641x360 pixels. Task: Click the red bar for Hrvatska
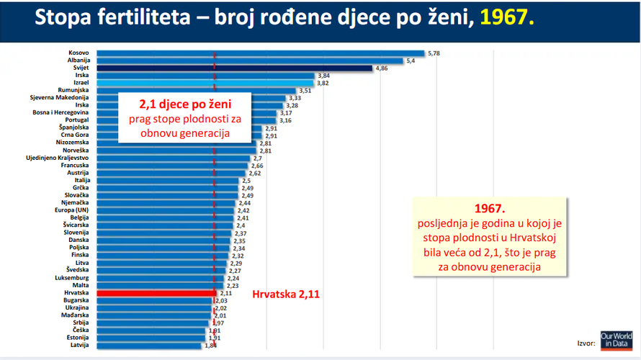(x=155, y=293)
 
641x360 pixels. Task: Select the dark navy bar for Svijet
(x=233, y=68)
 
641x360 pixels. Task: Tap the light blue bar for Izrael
(x=205, y=83)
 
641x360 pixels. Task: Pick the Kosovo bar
(x=259, y=53)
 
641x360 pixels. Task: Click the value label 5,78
(x=434, y=53)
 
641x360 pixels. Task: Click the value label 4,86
(x=381, y=68)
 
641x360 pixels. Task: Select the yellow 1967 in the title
(x=512, y=18)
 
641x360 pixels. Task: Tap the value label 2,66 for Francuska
(x=257, y=166)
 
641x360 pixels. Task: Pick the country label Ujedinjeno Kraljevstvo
(x=57, y=158)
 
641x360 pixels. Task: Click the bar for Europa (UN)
(x=165, y=210)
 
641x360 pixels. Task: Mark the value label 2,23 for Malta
(x=233, y=286)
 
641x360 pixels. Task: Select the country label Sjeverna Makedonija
(x=59, y=98)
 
